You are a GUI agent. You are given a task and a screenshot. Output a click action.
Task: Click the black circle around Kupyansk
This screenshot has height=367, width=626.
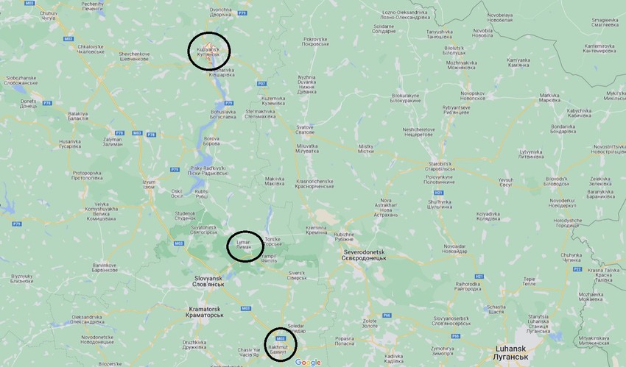click(209, 51)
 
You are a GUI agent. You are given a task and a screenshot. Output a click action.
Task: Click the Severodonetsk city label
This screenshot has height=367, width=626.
click(369, 254)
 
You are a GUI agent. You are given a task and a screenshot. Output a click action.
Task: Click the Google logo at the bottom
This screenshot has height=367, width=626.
click(309, 362)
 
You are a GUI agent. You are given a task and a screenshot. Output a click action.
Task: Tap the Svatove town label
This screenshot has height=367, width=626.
click(305, 129)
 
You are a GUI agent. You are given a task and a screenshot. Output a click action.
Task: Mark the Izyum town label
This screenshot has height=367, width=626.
click(149, 183)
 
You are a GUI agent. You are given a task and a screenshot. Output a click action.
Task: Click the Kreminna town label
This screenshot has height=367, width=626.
click(317, 230)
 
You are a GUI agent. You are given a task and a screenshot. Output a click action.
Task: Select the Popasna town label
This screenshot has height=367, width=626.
click(344, 341)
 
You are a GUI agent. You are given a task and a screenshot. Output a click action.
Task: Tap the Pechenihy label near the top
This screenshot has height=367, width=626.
click(93, 7)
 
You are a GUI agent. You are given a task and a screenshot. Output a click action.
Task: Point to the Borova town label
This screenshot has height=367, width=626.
click(211, 141)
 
